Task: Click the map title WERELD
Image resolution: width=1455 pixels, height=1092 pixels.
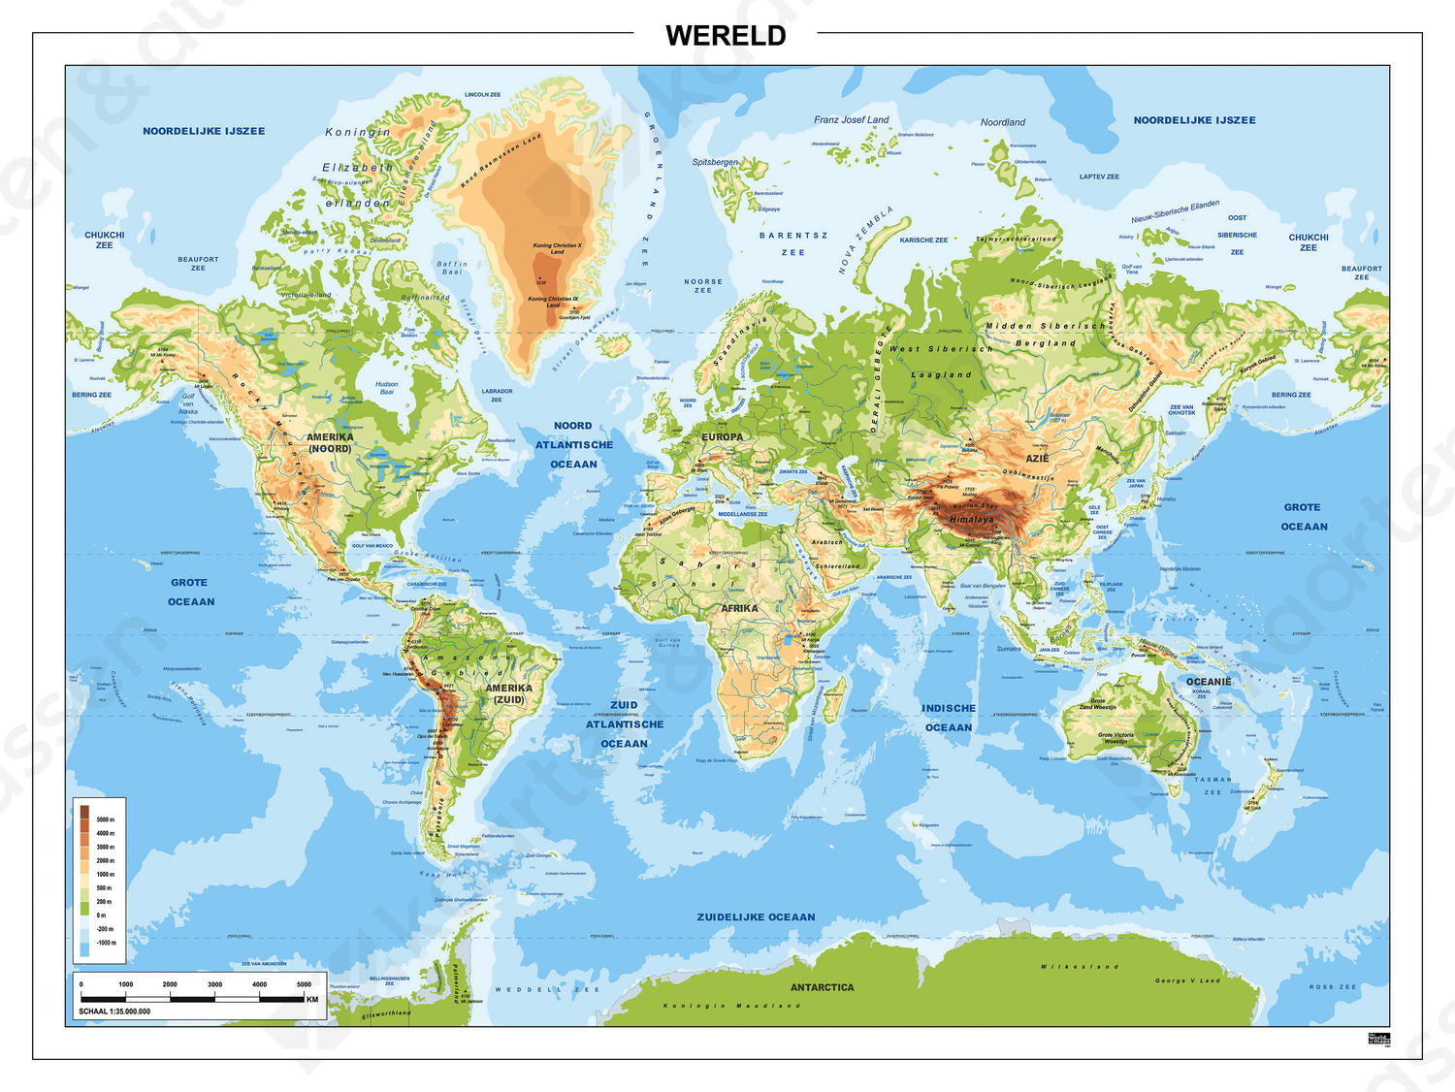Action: click(726, 36)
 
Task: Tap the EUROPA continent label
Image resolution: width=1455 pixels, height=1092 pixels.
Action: click(722, 437)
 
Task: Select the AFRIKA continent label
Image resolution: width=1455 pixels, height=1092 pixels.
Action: click(739, 608)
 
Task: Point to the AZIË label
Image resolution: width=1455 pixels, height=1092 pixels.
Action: click(1037, 459)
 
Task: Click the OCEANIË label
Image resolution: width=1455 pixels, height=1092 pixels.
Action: click(1208, 682)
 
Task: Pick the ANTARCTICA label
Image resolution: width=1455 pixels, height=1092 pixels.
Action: click(822, 987)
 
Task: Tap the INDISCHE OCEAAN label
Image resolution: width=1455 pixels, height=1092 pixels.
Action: click(948, 718)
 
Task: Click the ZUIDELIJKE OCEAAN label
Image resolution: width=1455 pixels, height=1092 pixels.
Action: click(756, 916)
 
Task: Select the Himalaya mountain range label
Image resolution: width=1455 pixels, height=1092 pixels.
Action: click(971, 519)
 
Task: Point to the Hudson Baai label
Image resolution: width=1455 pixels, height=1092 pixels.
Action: click(386, 388)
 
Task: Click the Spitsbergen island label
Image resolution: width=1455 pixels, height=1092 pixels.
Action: click(715, 162)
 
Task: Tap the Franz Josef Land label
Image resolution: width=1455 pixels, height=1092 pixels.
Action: click(851, 120)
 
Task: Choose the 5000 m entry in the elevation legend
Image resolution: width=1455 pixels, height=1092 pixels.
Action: click(105, 819)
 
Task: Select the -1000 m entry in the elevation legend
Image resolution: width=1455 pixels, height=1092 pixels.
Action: click(106, 943)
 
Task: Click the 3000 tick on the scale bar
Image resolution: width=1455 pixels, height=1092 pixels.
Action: click(214, 984)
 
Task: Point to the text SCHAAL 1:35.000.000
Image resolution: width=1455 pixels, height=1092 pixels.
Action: click(114, 1011)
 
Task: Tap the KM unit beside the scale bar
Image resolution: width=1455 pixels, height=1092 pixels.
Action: click(311, 999)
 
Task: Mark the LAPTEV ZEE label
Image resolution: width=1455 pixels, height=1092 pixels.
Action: click(1099, 177)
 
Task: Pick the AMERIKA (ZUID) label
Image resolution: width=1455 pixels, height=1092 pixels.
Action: click(508, 693)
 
